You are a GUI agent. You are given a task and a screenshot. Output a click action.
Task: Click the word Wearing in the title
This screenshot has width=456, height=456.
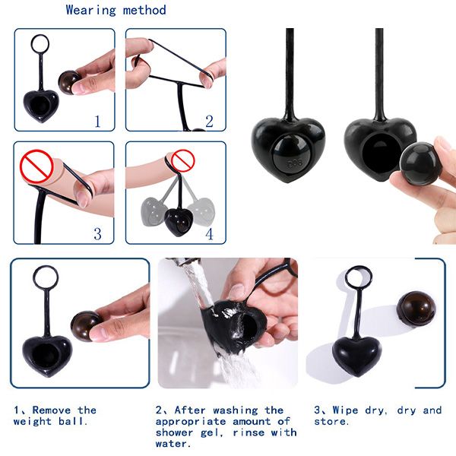(x=90, y=11)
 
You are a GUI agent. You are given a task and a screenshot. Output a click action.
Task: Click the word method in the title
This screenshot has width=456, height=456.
(x=144, y=10)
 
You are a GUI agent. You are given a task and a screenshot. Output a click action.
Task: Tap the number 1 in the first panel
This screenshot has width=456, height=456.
(x=97, y=122)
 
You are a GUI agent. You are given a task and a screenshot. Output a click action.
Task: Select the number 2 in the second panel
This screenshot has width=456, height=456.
(x=209, y=122)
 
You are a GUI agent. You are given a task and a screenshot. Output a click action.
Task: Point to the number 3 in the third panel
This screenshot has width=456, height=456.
(x=97, y=233)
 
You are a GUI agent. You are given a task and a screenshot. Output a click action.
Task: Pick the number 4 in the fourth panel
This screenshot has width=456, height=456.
(x=209, y=234)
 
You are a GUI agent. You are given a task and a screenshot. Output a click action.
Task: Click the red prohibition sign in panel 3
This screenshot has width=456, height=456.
(x=36, y=166)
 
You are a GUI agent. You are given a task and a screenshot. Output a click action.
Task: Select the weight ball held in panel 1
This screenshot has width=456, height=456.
(x=69, y=82)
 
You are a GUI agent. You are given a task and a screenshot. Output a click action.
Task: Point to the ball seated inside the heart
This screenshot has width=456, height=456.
(x=289, y=154)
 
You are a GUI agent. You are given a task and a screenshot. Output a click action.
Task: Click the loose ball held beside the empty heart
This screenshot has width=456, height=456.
(x=419, y=163)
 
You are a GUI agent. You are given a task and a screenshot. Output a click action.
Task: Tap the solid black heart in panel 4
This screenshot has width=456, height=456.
(x=179, y=222)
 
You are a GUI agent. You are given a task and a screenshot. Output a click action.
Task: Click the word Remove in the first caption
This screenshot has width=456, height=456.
(x=52, y=410)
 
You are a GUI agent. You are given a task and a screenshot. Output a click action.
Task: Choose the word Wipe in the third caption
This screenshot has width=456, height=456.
(x=345, y=410)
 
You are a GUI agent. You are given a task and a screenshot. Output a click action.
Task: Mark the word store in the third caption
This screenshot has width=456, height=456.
(x=330, y=421)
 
